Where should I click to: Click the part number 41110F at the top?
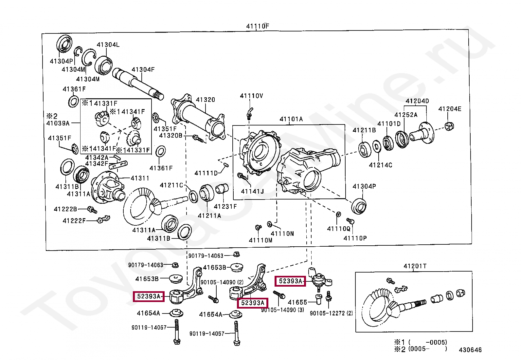pyautogui.click(x=258, y=26)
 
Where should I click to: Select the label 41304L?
pyautogui.click(x=108, y=45)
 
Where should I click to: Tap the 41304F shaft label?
pyautogui.click(x=143, y=69)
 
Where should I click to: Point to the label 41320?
pyautogui.click(x=205, y=100)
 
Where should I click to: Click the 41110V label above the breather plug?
pyautogui.click(x=251, y=96)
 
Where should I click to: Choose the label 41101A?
pyautogui.click(x=291, y=119)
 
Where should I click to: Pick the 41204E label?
pyautogui.click(x=450, y=109)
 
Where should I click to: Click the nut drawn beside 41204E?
pyautogui.click(x=449, y=125)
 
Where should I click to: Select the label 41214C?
pyautogui.click(x=380, y=165)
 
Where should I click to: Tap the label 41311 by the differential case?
pyautogui.click(x=140, y=178)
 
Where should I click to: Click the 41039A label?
pyautogui.click(x=58, y=123)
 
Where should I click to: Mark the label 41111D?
pyautogui.click(x=206, y=173)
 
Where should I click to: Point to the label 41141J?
pyautogui.click(x=252, y=191)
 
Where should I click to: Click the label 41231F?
pyautogui.click(x=225, y=206)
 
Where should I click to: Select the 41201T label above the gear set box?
pyautogui.click(x=415, y=266)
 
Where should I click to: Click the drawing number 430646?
pyautogui.click(x=470, y=350)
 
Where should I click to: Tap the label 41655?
pyautogui.click(x=297, y=302)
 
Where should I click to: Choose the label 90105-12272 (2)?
pyautogui.click(x=331, y=313)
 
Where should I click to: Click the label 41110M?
pyautogui.click(x=260, y=240)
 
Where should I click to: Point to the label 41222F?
pyautogui.click(x=74, y=221)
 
